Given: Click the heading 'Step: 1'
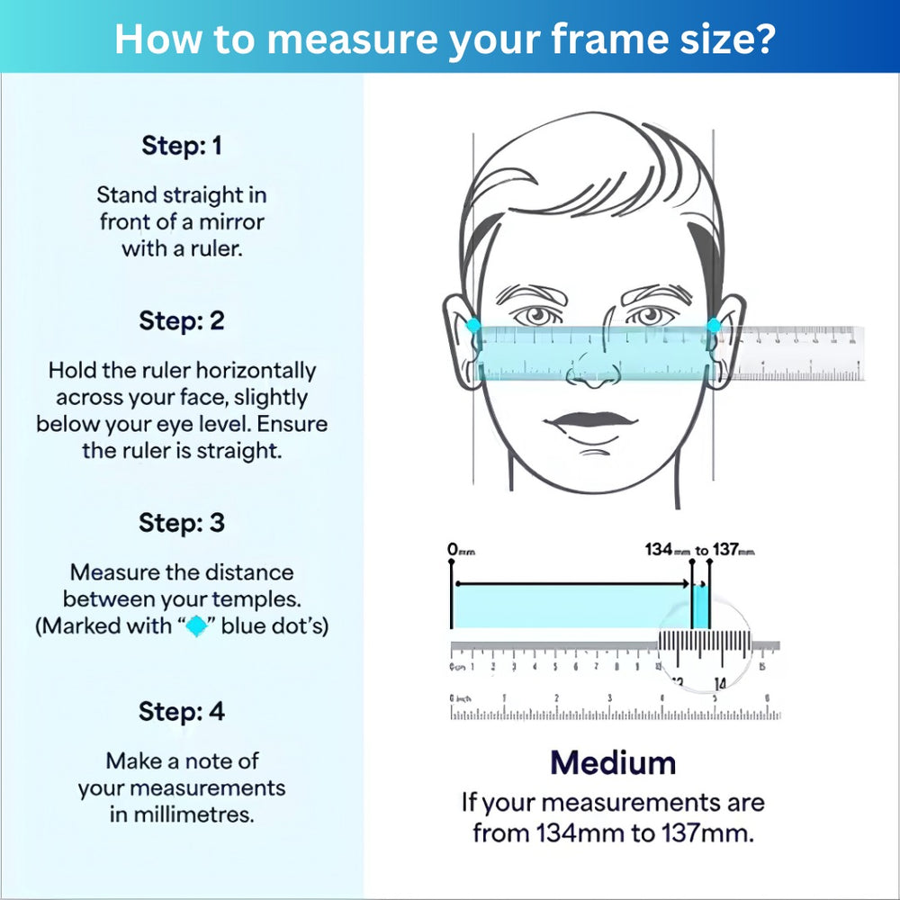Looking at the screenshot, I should pyautogui.click(x=181, y=146).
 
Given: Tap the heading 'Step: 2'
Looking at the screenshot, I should pyautogui.click(x=181, y=320).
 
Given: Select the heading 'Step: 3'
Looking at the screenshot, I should pyautogui.click(x=181, y=523).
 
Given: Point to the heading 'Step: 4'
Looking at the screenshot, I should pyautogui.click(x=181, y=712).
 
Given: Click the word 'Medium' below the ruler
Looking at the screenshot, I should pyautogui.click(x=613, y=763).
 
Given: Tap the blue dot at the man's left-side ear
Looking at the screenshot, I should pyautogui.click(x=473, y=326).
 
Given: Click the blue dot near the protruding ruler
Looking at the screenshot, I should pyautogui.click(x=713, y=326).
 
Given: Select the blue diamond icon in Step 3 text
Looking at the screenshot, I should pyautogui.click(x=195, y=626).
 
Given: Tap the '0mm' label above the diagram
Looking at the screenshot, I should pyautogui.click(x=461, y=549).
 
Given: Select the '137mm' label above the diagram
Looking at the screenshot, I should pyautogui.click(x=733, y=549).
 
